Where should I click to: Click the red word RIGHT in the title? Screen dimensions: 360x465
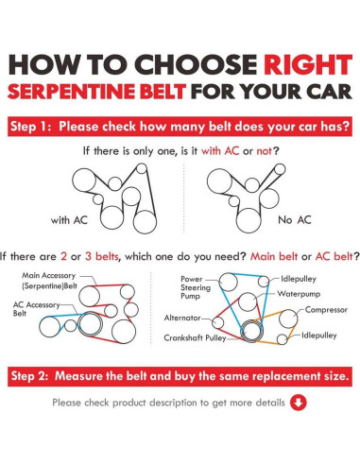click(308, 64)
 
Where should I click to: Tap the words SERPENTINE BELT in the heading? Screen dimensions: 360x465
click(96, 92)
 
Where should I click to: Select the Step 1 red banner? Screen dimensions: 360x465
click(180, 127)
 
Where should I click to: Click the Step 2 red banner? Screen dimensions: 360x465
click(180, 376)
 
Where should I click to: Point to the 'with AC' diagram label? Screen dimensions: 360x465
click(69, 220)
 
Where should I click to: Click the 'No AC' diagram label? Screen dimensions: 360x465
click(295, 220)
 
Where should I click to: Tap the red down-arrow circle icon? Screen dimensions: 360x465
click(298, 403)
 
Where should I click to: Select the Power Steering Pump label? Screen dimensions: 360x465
click(196, 287)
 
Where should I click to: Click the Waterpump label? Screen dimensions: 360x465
click(299, 294)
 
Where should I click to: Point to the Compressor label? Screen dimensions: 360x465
click(326, 310)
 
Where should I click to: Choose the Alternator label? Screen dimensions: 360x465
click(182, 318)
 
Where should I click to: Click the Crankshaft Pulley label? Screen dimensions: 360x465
click(195, 338)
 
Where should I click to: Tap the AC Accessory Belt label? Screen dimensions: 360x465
click(36, 309)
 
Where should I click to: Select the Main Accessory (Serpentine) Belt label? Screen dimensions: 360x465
click(49, 281)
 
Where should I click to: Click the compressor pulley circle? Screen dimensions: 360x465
click(288, 319)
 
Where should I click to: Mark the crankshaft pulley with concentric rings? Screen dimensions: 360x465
click(251, 331)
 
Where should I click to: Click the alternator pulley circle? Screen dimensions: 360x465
click(218, 322)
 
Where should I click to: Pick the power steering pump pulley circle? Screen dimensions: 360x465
click(228, 283)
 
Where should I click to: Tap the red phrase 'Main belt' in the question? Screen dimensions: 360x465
click(274, 256)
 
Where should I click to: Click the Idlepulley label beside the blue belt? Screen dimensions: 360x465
click(299, 279)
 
